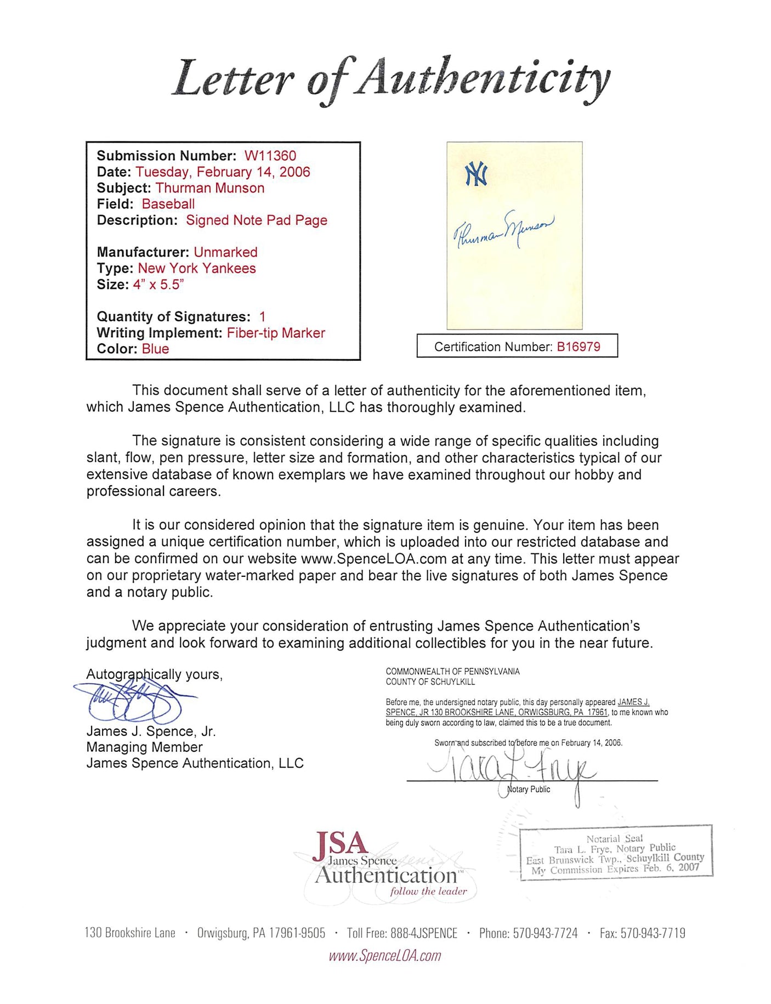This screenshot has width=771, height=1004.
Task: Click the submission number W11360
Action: point(270,156)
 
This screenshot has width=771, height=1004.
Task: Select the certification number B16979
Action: point(579,347)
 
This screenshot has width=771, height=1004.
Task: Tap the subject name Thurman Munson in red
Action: point(209,188)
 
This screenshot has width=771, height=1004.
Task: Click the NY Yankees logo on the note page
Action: point(476,174)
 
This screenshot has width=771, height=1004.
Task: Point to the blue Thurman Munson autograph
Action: point(503,230)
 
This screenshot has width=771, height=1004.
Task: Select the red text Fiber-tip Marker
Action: point(276,333)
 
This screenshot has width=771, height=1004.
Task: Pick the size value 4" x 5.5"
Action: point(158,285)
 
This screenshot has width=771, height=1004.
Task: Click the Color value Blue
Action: point(155,349)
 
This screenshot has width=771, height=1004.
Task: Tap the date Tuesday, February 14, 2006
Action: point(223,172)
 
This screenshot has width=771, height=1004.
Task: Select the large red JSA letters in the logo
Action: point(340,846)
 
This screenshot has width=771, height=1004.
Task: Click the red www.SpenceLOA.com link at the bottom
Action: point(384,956)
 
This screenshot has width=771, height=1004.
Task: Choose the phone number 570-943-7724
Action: point(545,933)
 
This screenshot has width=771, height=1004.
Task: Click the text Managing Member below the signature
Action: point(144,747)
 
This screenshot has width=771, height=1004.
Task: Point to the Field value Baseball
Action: point(168,204)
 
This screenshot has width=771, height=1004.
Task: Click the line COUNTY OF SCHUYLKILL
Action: point(430,682)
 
